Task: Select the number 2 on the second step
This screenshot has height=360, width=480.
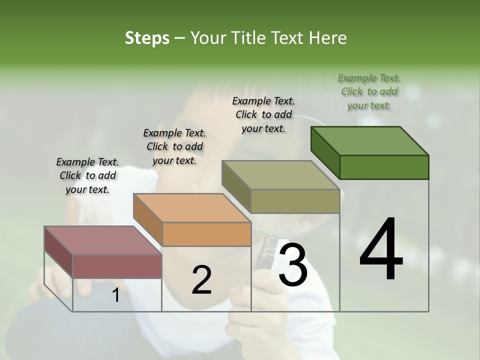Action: (x=201, y=280)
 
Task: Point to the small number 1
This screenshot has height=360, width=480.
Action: (x=115, y=295)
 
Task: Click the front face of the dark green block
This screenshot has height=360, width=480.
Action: (x=384, y=167)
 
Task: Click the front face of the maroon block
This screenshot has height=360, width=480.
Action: (x=117, y=266)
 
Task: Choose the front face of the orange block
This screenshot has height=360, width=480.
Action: (x=206, y=234)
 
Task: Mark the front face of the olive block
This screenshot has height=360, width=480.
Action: (x=295, y=201)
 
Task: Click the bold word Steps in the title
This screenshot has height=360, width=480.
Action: (x=147, y=38)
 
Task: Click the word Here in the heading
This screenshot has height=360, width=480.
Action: (x=328, y=38)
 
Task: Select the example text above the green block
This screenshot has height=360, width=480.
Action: (x=369, y=91)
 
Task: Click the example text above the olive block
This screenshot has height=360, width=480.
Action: (x=263, y=114)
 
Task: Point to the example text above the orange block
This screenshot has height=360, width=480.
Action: (x=174, y=146)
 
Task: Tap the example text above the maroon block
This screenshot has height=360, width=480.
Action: (x=87, y=175)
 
